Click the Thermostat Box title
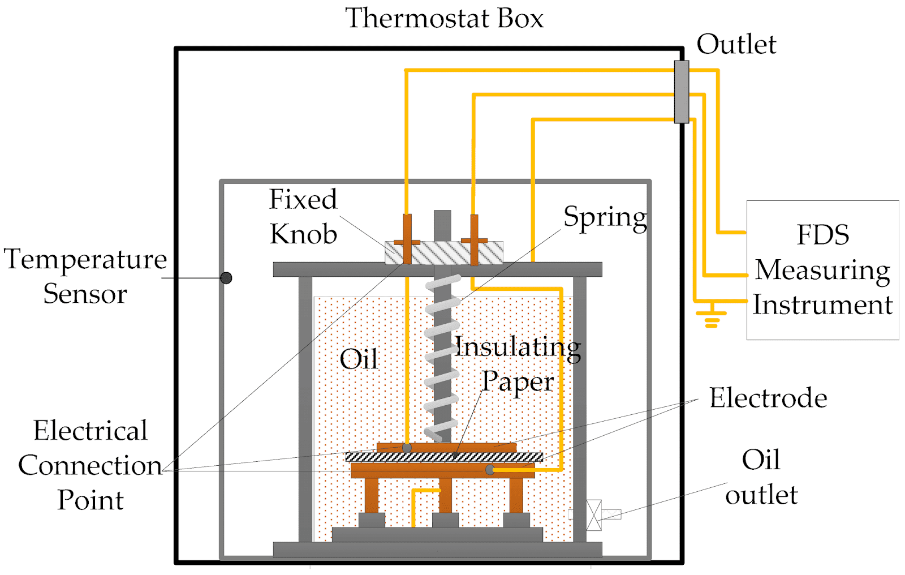(444, 18)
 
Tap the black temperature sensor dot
(226, 278)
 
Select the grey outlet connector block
(682, 92)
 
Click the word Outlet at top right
(736, 44)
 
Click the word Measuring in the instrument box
(822, 271)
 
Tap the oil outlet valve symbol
(594, 514)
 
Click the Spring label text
(605, 217)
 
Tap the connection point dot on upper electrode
(407, 448)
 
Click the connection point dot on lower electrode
(490, 470)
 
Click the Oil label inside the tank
(359, 359)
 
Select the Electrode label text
(768, 398)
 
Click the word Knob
(303, 234)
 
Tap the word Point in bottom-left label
(90, 500)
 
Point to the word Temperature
(85, 259)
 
